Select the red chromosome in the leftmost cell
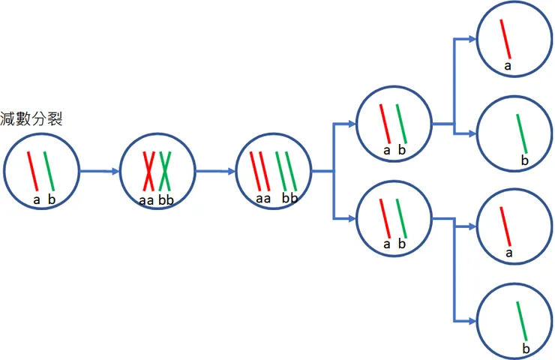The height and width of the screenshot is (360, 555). click(x=33, y=171)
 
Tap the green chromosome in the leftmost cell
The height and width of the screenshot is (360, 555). click(x=49, y=171)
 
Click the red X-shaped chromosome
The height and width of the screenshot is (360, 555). click(x=149, y=171)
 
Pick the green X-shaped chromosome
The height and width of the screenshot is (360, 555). click(x=166, y=171)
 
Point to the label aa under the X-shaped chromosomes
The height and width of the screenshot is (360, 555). click(x=147, y=200)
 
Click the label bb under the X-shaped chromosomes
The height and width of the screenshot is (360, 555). click(x=166, y=200)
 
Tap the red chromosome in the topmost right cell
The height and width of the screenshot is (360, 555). click(x=507, y=38)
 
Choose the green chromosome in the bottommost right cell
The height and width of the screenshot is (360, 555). click(x=522, y=321)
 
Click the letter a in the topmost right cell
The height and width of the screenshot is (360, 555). click(x=508, y=66)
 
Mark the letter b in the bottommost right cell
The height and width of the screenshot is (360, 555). click(x=526, y=349)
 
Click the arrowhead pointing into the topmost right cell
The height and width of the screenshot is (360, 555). click(x=472, y=38)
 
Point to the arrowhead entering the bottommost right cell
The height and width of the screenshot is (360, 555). click(x=472, y=321)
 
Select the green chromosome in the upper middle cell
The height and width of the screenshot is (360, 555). click(x=401, y=122)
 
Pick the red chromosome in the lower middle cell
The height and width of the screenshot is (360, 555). click(x=384, y=218)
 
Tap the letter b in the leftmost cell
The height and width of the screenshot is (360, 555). click(x=52, y=199)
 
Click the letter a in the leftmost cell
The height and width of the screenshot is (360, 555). click(x=36, y=199)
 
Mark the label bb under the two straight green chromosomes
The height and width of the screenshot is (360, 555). click(x=289, y=198)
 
